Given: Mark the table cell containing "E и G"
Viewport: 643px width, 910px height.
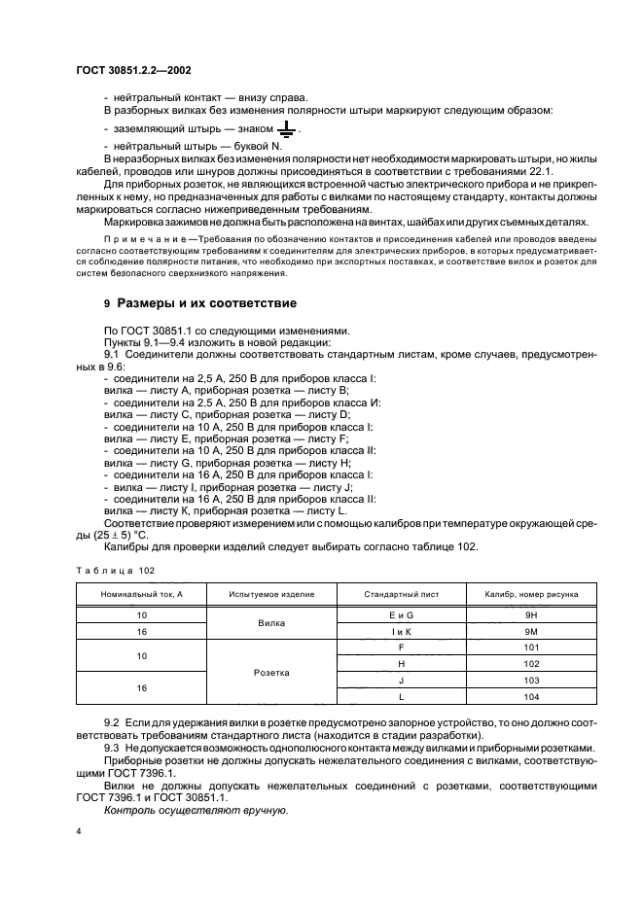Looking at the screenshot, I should coord(401,614).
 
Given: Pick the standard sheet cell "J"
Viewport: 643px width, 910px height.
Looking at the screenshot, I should coord(401,681).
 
